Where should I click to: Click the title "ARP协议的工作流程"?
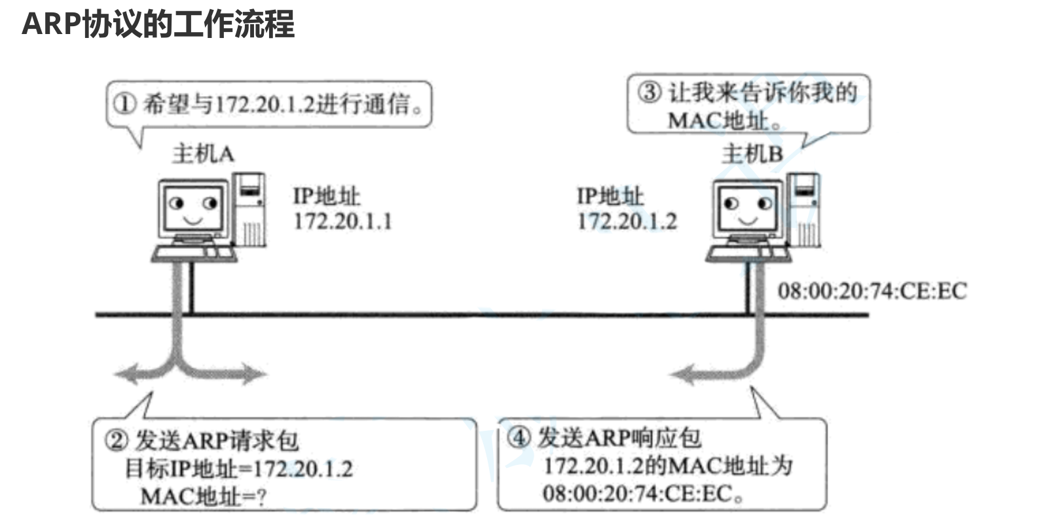(158, 25)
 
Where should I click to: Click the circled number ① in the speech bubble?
(124, 103)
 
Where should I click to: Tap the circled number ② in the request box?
(117, 441)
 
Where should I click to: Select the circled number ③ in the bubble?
(650, 92)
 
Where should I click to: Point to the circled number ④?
(519, 437)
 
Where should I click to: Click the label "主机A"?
(203, 154)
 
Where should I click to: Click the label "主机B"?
(752, 155)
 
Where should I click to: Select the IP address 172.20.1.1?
(342, 221)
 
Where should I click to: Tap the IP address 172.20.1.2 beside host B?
(627, 221)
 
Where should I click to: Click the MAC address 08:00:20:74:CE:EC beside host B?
(872, 291)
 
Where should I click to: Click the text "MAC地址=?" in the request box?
(204, 497)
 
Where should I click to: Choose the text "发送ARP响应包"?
(619, 437)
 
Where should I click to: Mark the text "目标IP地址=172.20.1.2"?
(239, 469)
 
